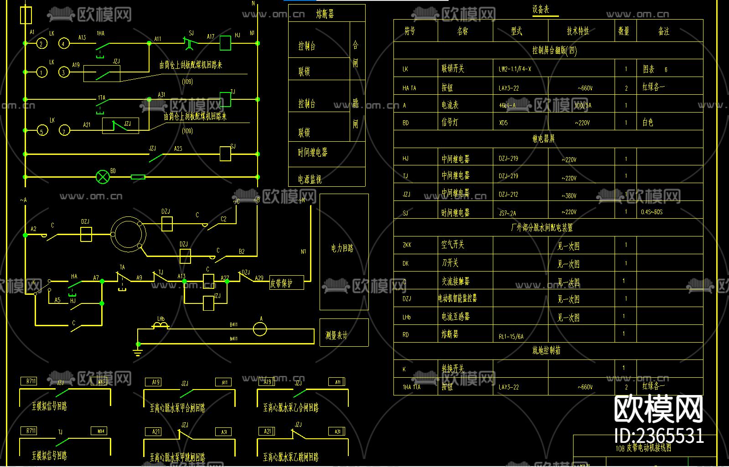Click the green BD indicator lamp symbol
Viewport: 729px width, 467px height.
pyautogui.click(x=103, y=177)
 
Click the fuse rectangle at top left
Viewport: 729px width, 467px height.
pyautogui.click(x=26, y=15)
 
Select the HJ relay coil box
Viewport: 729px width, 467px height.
pyautogui.click(x=225, y=43)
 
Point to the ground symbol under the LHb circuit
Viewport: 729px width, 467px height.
pyautogui.click(x=137, y=351)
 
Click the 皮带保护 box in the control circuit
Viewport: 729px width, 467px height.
pyautogui.click(x=287, y=283)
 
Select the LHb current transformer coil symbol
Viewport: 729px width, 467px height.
pyautogui.click(x=160, y=325)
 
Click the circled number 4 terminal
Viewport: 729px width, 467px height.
pyautogui.click(x=63, y=44)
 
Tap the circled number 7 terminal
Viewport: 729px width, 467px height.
pyautogui.click(x=64, y=131)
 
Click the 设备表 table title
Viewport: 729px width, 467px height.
pyautogui.click(x=541, y=10)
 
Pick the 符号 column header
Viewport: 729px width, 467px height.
pyautogui.click(x=410, y=31)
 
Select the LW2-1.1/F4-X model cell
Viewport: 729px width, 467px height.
pyautogui.click(x=515, y=69)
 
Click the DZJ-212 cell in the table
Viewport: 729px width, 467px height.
pyautogui.click(x=508, y=195)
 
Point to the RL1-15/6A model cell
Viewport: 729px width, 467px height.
pyautogui.click(x=511, y=337)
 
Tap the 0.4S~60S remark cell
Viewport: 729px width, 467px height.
pyautogui.click(x=652, y=212)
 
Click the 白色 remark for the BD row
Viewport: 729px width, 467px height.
pyautogui.click(x=648, y=123)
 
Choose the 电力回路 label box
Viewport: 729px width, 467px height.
pyautogui.click(x=343, y=248)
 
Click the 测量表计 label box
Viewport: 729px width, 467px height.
pyautogui.click(x=336, y=336)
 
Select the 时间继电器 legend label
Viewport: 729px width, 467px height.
pyautogui.click(x=313, y=153)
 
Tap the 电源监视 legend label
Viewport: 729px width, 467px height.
pyautogui.click(x=310, y=179)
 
